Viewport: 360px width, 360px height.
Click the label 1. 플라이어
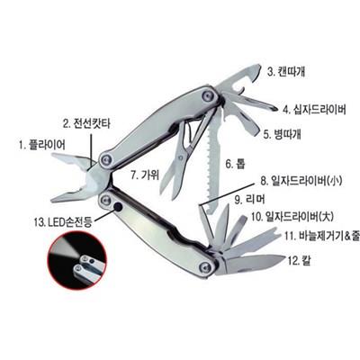(x=42, y=146)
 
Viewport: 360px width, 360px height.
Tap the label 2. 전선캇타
(x=86, y=123)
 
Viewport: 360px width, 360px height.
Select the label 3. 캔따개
(x=287, y=72)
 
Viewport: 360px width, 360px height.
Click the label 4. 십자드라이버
(x=315, y=110)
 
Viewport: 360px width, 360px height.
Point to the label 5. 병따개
(x=283, y=134)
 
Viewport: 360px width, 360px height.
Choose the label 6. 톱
(x=235, y=164)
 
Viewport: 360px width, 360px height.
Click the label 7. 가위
(x=145, y=175)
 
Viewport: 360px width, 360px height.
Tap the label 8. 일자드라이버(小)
(x=301, y=181)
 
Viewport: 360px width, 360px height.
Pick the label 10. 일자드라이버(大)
(x=292, y=216)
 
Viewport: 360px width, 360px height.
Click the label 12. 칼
(x=299, y=260)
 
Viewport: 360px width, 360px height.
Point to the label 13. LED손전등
(x=63, y=222)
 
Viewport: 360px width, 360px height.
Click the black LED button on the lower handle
(x=119, y=207)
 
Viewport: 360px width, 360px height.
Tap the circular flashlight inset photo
(x=77, y=260)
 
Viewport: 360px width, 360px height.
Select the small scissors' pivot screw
(x=181, y=157)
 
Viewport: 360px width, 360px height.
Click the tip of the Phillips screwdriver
(x=275, y=108)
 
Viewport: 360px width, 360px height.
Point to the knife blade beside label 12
(x=252, y=264)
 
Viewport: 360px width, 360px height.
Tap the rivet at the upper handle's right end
(x=208, y=96)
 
